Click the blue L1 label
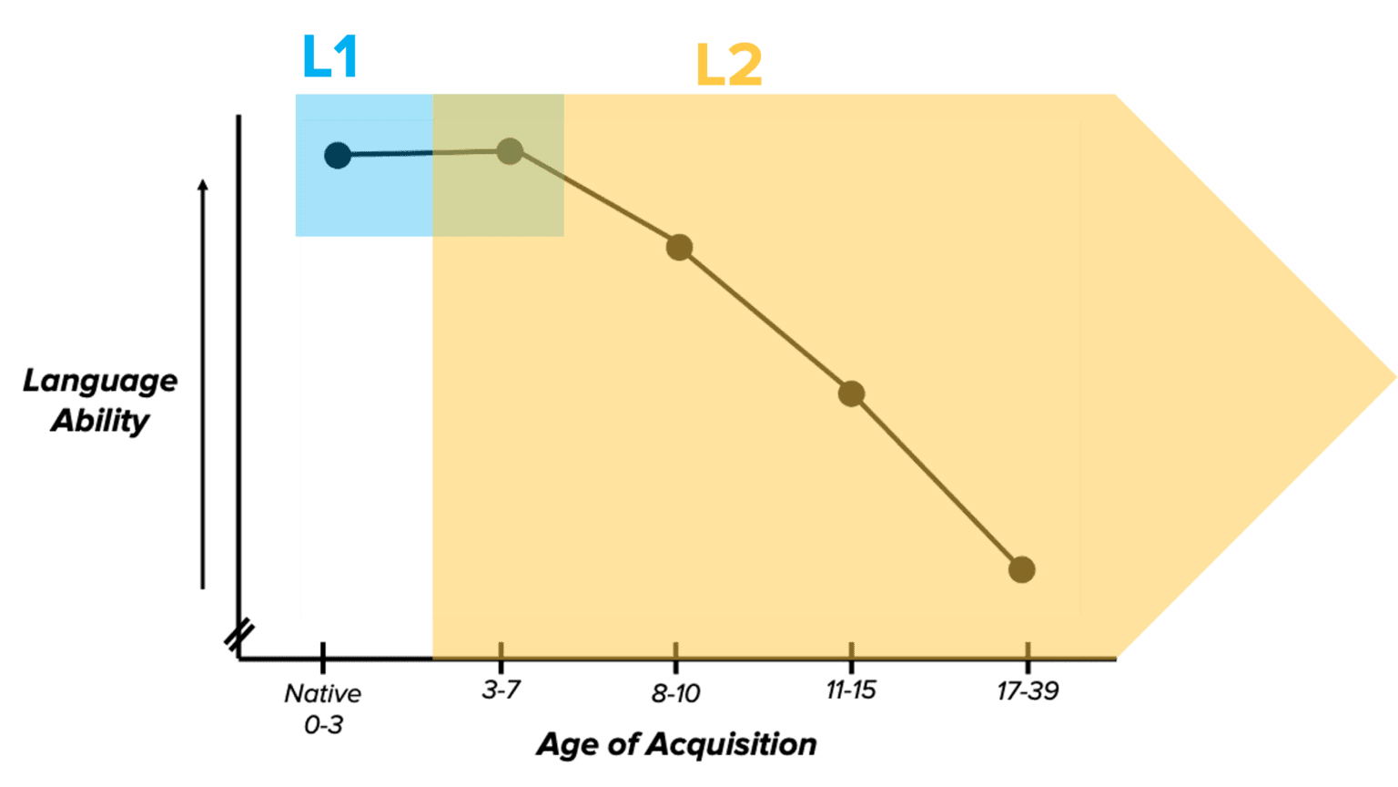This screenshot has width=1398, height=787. (329, 59)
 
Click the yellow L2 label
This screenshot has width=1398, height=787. (728, 66)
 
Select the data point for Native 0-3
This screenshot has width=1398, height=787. (338, 155)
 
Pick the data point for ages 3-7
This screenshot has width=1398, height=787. (510, 151)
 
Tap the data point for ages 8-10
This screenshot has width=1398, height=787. (679, 247)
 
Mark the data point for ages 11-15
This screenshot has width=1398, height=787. (851, 393)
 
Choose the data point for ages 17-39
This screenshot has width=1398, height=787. (1022, 569)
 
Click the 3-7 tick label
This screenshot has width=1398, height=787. (501, 690)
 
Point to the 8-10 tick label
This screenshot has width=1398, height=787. (675, 694)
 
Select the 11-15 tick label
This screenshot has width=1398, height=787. (851, 690)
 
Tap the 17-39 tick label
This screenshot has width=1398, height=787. (1028, 692)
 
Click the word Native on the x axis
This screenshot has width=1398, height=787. (322, 694)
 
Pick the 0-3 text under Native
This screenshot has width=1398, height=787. (323, 727)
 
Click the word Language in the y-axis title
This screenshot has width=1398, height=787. (100, 382)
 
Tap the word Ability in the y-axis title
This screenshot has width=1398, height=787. (100, 421)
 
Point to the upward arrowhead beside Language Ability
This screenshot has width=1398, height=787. (203, 185)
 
